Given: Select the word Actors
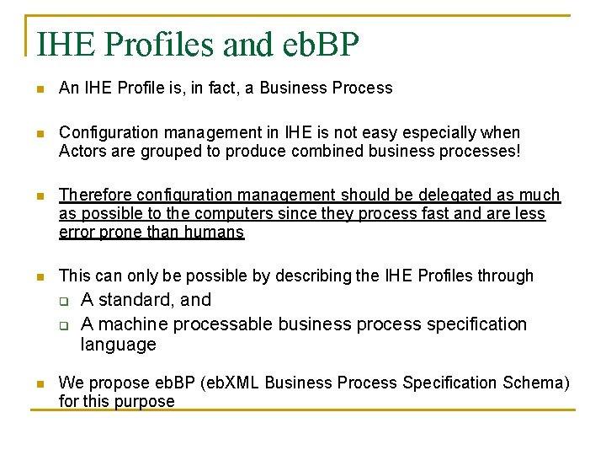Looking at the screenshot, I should coord(81,152).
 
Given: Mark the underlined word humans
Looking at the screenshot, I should coord(216,233).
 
